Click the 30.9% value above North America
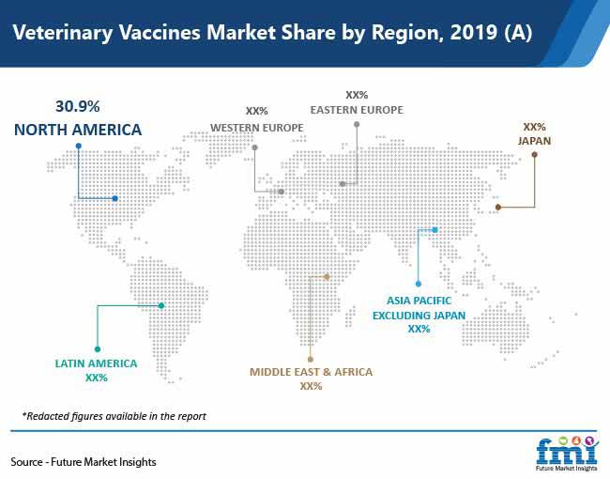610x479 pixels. pos(77,106)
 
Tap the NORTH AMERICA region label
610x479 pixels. pos(78,130)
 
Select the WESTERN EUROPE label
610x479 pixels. pos(257,128)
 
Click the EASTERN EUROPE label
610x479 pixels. pos(357,110)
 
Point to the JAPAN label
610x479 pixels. pos(535,141)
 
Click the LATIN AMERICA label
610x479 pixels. pos(96,363)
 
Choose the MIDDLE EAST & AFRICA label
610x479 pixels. pos(311,372)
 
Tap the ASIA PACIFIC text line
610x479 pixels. pos(419,301)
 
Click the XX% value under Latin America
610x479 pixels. pos(96,378)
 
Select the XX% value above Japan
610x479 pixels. pos(535,127)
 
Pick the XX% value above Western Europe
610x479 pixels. pos(257,112)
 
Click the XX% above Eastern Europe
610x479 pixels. pos(357,95)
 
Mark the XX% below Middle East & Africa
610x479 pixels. pos(311,386)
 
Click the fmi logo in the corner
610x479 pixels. pos(567,454)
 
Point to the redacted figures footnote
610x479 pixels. pos(114,416)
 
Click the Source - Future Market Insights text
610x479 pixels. pos(84,462)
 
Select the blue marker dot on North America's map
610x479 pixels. pos(114,198)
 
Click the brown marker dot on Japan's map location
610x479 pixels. pos(498,208)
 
